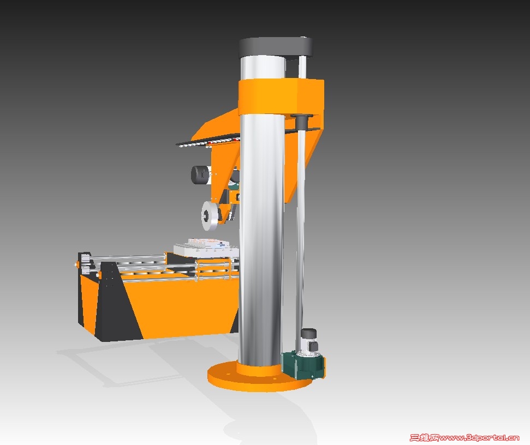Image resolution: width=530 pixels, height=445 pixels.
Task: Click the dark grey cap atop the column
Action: (276, 47)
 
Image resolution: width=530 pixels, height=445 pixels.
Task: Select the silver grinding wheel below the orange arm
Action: (210, 216)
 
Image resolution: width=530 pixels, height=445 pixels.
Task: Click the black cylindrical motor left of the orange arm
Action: (200, 175)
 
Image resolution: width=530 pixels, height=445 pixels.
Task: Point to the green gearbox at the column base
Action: (302, 365)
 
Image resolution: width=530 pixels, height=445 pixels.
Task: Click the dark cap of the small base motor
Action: (308, 333)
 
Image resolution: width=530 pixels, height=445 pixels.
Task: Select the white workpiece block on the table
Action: (206, 248)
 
